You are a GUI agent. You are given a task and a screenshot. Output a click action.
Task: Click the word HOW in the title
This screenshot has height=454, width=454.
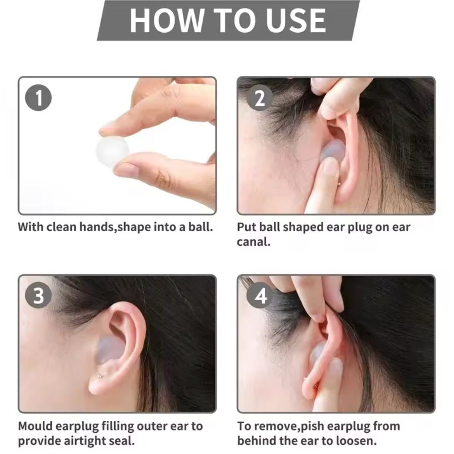click(166, 20)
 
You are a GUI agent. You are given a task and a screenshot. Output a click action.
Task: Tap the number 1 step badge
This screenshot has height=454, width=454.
click(39, 98)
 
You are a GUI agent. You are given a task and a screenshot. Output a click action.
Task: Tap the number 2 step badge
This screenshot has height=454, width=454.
click(259, 98)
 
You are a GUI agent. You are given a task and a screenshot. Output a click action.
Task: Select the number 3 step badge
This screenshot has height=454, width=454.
click(39, 296)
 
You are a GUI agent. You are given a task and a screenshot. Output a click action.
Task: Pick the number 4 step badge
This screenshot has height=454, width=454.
click(260, 296)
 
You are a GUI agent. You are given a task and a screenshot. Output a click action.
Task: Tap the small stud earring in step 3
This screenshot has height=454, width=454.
click(100, 376)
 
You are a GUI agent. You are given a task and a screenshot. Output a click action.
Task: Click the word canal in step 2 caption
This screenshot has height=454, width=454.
click(254, 241)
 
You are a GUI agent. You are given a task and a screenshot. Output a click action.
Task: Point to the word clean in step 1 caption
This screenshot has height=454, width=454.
click(62, 227)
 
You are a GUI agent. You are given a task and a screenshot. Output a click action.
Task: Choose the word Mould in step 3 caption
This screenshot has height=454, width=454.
click(35, 426)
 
